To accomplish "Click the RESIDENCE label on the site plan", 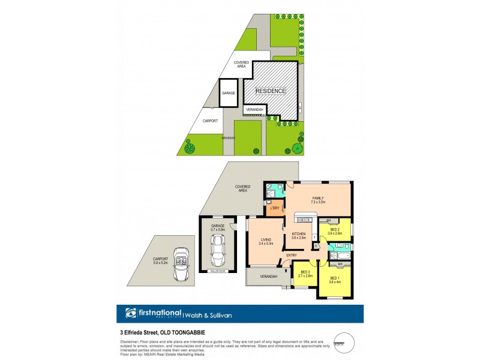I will coord(271,91).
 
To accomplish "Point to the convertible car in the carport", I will coord(180,265).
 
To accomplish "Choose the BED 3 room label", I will coord(305,274).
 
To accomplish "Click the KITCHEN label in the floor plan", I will coord(299,236).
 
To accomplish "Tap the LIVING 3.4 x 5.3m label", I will coord(265,241).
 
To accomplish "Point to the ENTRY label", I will coord(292,256).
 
